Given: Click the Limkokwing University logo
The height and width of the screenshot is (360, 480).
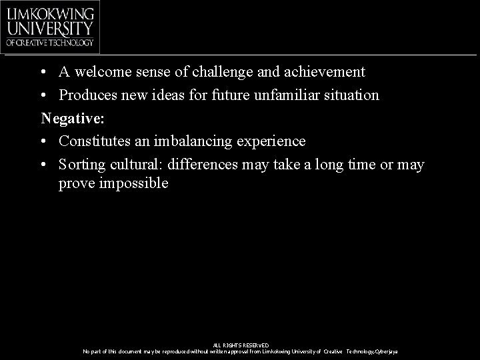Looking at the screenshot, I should pyautogui.click(x=50, y=27).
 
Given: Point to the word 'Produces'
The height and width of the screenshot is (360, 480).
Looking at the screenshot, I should pyautogui.click(x=87, y=95).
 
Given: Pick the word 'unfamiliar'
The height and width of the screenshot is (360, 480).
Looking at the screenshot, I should pyautogui.click(x=290, y=95).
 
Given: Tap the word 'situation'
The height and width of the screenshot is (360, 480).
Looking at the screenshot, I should pyautogui.click(x=353, y=95).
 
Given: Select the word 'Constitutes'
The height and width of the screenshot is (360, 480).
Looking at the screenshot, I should pyautogui.click(x=95, y=141).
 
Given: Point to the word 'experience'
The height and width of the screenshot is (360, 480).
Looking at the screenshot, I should pyautogui.click(x=273, y=141).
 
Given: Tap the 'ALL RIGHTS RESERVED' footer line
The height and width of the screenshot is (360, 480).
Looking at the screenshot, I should pyautogui.click(x=240, y=345).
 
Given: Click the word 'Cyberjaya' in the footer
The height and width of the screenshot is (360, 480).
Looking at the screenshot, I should pyautogui.click(x=386, y=351).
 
